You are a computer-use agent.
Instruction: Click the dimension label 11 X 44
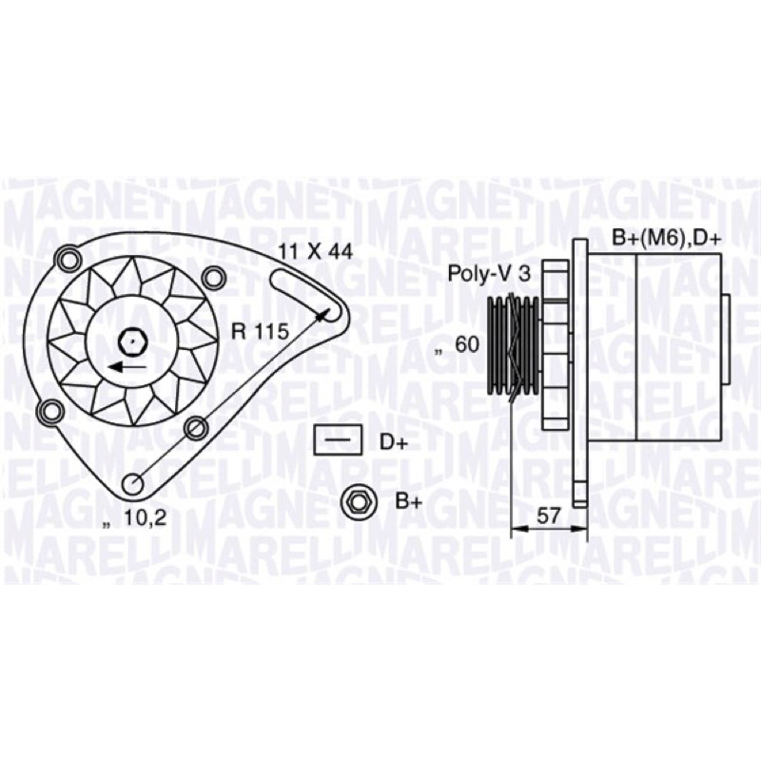coord(315,251)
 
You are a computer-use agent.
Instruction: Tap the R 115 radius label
coord(260,332)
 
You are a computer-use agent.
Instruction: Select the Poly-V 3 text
coord(489,274)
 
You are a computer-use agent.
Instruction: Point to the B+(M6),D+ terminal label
coord(667,239)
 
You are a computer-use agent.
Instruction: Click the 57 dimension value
coord(549,516)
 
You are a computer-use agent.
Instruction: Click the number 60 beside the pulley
coord(466,344)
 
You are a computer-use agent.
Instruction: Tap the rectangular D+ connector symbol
coord(338,439)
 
